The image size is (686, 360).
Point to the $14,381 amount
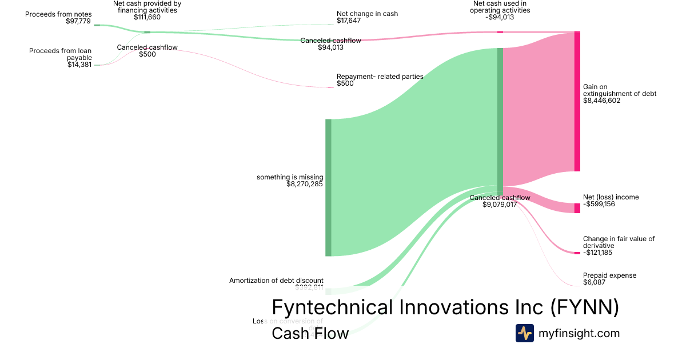[x=79, y=65]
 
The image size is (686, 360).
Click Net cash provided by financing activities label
[x=147, y=7]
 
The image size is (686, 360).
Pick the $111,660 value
[x=147, y=17]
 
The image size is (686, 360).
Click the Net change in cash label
[x=367, y=14]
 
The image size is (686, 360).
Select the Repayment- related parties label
[x=380, y=77]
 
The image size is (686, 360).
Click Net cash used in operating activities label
[x=501, y=7]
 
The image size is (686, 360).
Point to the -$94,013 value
[x=501, y=17]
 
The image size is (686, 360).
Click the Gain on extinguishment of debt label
[x=620, y=90]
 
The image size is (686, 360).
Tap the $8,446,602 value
[x=601, y=101]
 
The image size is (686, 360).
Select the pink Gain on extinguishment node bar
[x=577, y=102]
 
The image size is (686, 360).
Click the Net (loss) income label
[x=611, y=197]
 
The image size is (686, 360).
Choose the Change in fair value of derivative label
[x=619, y=242]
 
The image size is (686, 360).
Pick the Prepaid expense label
[x=609, y=275]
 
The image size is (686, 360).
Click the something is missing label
[x=290, y=177]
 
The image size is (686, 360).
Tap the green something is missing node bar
[x=328, y=187]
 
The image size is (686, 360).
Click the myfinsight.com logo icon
[x=524, y=333]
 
